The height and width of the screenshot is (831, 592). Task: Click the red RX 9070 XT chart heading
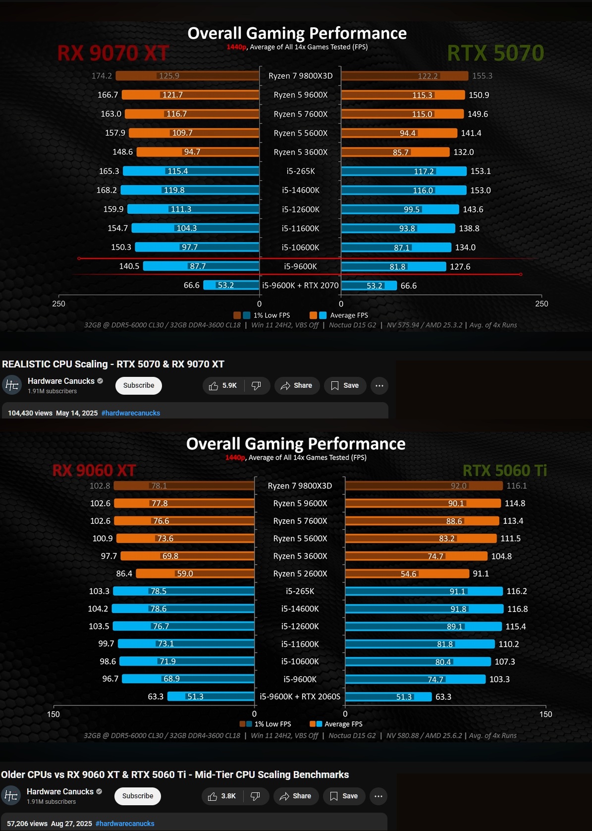point(113,53)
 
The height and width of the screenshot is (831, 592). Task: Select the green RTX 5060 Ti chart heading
point(504,470)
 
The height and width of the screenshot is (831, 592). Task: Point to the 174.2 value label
point(102,76)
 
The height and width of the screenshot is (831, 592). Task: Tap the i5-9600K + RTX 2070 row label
point(300,285)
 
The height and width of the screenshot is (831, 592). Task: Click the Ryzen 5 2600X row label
point(300,573)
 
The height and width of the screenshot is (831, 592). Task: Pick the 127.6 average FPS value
point(460,266)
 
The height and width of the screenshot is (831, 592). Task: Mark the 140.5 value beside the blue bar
point(129,266)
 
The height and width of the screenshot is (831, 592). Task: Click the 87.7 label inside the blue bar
point(198,266)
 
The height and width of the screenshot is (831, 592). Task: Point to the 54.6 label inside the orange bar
point(408,574)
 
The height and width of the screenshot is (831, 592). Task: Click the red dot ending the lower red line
point(521,274)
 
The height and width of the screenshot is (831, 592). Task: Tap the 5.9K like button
point(223,386)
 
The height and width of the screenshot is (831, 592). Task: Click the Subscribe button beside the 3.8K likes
point(138,796)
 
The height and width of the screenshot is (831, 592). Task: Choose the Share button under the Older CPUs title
point(296,796)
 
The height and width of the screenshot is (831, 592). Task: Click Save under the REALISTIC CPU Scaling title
point(345,386)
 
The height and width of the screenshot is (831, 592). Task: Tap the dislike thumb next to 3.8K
point(255,796)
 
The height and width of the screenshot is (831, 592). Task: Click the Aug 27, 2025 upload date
point(71,824)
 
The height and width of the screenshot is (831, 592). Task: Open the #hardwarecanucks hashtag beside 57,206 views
point(125,824)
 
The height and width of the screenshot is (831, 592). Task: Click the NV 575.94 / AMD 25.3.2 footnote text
point(424,325)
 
